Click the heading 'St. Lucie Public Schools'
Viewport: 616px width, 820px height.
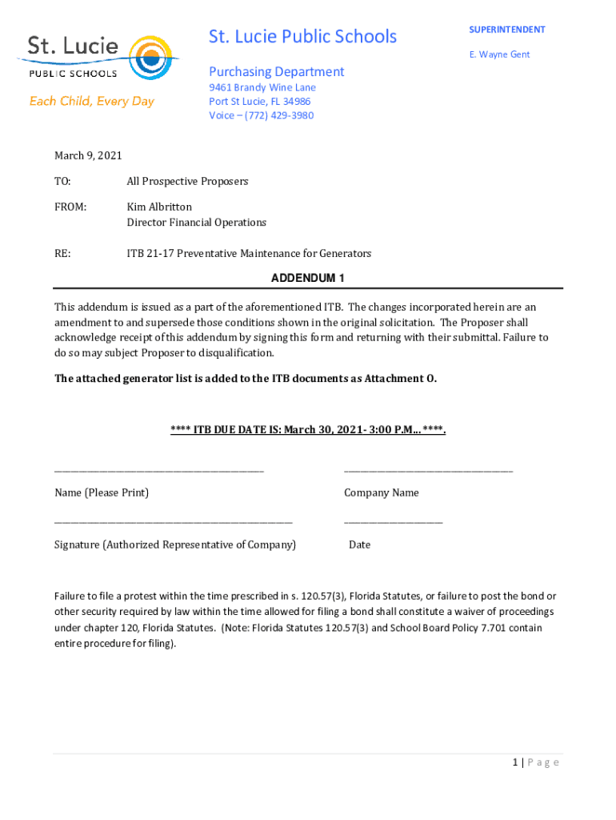point(302,37)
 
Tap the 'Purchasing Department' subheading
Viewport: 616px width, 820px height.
point(276,72)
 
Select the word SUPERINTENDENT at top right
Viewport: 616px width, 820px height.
point(507,30)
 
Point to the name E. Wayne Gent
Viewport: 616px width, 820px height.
point(499,54)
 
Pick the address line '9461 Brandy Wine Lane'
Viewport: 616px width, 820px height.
point(262,87)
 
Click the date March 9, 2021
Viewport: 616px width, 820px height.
point(88,156)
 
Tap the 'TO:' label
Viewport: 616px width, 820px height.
point(62,182)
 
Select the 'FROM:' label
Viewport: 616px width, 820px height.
point(70,207)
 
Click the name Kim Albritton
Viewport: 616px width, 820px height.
point(159,207)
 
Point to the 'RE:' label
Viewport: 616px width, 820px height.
point(62,254)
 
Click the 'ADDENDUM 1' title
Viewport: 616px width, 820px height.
point(308,278)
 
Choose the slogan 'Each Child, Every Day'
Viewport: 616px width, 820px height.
point(92,102)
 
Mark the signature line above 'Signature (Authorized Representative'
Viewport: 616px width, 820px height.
point(173,522)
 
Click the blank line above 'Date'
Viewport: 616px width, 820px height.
point(393,522)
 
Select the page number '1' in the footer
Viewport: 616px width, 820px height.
point(516,762)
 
